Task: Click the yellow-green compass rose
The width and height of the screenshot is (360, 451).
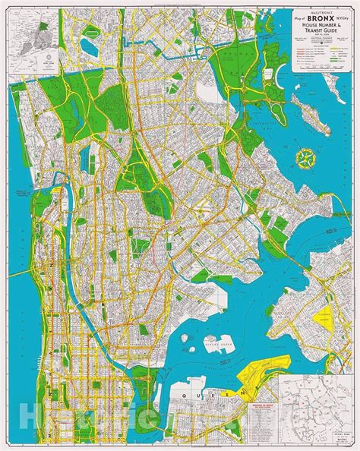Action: click(307, 158)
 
